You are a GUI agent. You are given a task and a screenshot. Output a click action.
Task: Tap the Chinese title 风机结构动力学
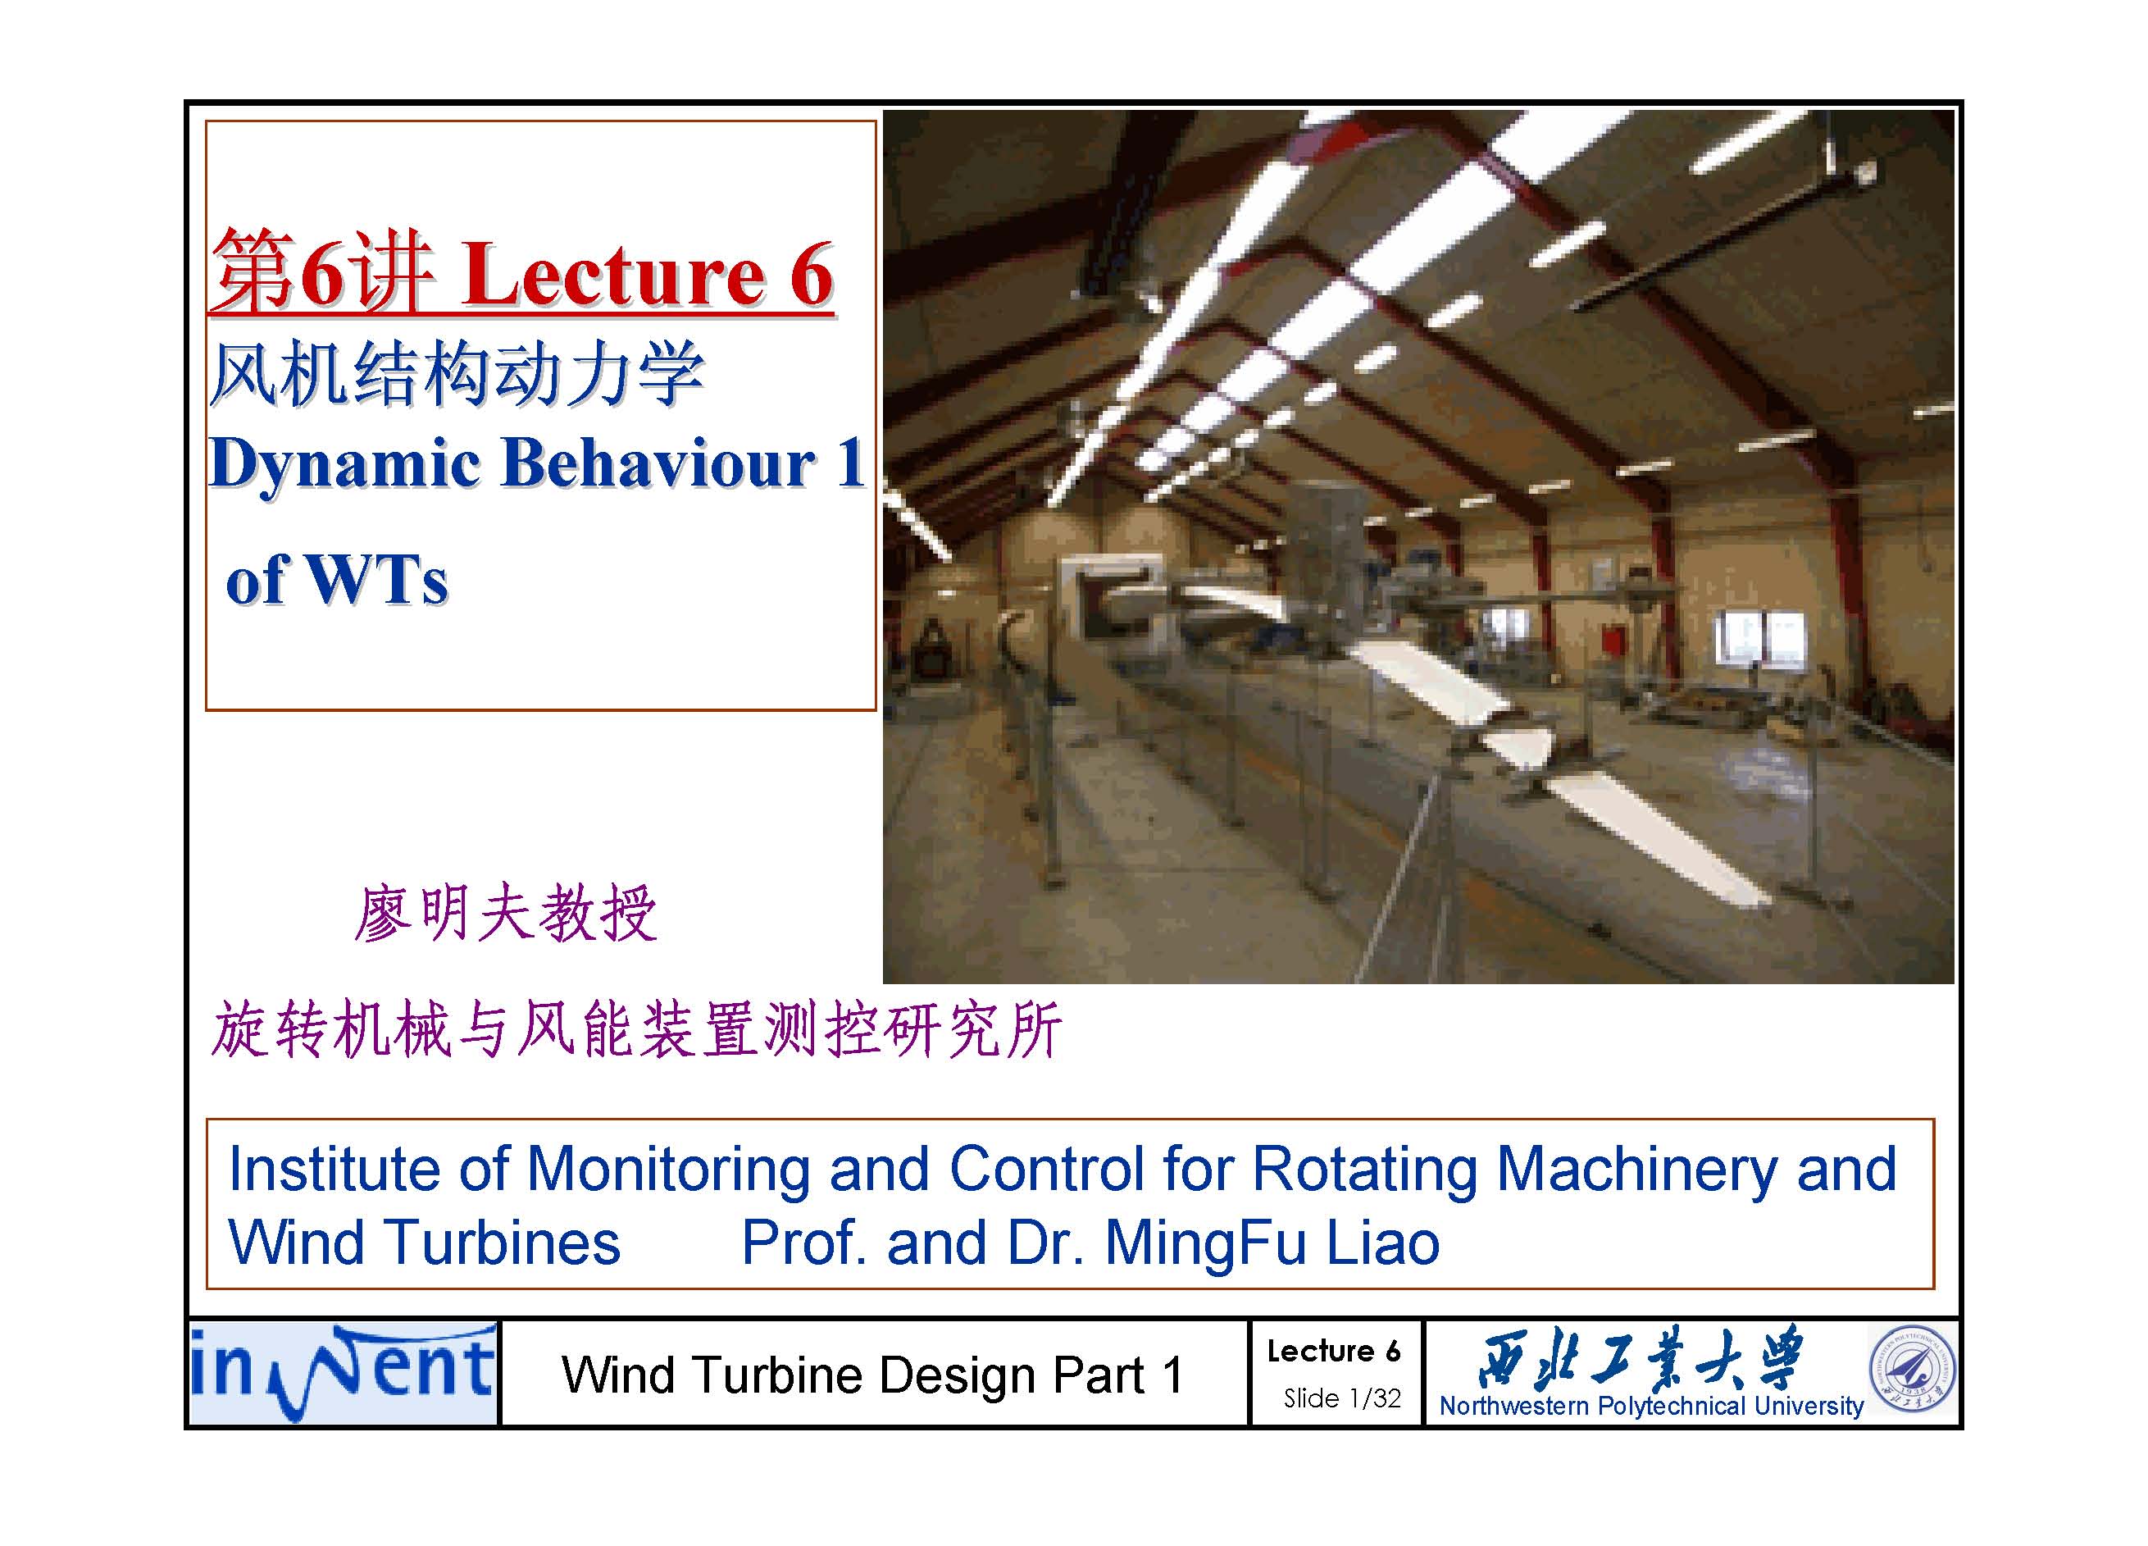(457, 374)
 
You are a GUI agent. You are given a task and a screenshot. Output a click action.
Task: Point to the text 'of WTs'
(337, 579)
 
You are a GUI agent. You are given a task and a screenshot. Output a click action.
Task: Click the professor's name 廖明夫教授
(506, 914)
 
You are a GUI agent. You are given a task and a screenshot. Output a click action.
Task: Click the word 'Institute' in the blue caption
(334, 1169)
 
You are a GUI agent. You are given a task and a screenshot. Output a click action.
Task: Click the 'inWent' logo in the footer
(343, 1374)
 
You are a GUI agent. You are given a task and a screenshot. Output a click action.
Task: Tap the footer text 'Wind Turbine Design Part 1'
(872, 1375)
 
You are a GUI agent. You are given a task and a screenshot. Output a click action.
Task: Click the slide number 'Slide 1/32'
(1342, 1398)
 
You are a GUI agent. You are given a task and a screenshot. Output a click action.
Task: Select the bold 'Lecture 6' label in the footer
(1334, 1351)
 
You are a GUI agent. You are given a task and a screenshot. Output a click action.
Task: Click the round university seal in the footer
(1912, 1370)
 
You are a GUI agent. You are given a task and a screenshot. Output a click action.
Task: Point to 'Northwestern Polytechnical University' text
(1652, 1406)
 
